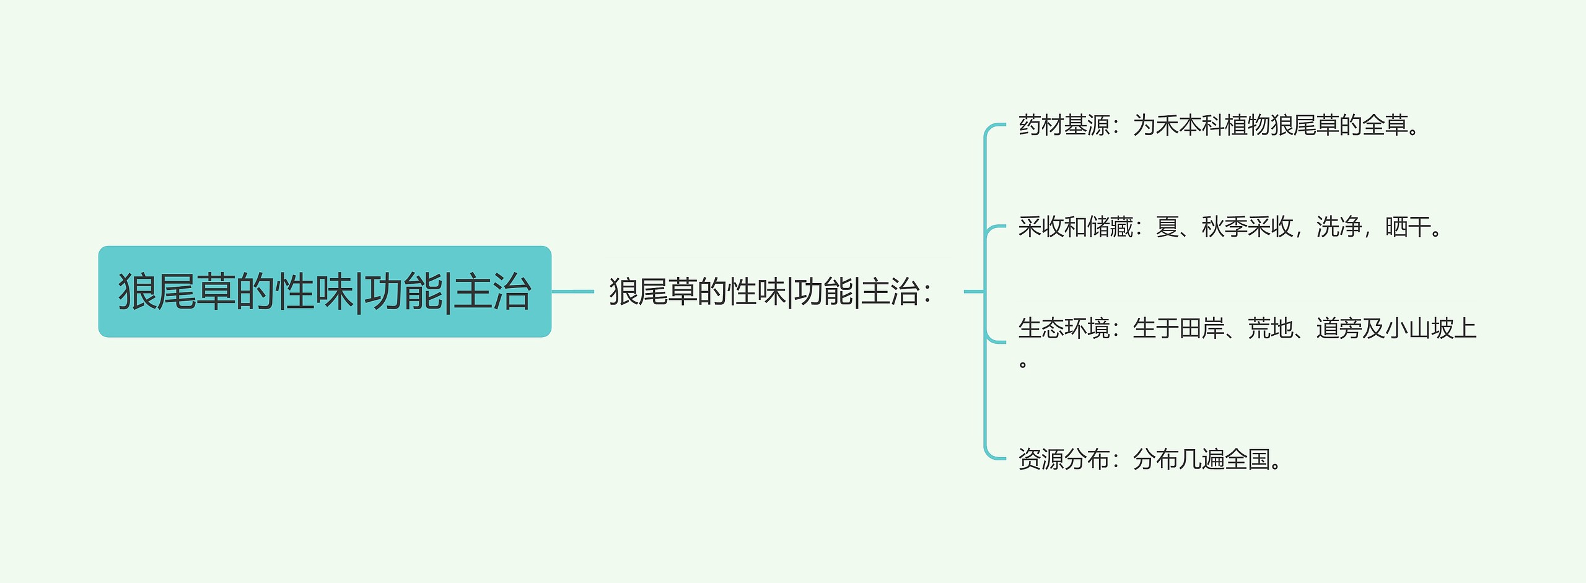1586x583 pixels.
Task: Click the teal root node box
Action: point(325,291)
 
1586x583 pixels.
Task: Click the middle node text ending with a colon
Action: point(770,292)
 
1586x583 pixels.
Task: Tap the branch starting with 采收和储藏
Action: point(1230,227)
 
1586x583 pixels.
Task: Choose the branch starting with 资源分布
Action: point(1150,460)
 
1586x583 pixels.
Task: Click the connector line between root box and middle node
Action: point(572,291)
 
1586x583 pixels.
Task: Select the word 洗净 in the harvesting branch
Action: point(1339,227)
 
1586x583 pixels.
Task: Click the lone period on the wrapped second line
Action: point(1023,364)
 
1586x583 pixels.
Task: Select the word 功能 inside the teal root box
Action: point(403,292)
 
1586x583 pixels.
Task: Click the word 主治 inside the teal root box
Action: point(493,292)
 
